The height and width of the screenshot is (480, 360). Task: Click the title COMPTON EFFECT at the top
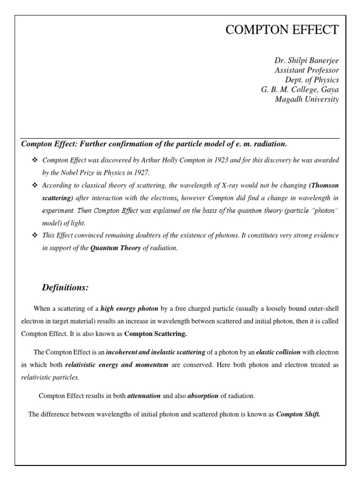(282, 30)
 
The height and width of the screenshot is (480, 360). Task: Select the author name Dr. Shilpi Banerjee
(307, 61)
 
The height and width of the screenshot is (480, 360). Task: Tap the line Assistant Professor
(307, 70)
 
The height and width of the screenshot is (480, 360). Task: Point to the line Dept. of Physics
(312, 80)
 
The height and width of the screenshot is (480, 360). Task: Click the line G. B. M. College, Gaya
(300, 90)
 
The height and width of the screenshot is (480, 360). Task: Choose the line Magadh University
(307, 99)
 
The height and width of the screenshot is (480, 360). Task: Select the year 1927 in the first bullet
(140, 172)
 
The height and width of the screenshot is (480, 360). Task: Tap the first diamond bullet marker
(34, 160)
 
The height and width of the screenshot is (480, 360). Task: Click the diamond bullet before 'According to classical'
(34, 185)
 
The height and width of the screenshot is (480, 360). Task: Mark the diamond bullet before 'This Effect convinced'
(34, 235)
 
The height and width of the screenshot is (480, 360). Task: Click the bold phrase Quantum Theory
(115, 248)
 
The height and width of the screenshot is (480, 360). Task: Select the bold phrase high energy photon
(129, 308)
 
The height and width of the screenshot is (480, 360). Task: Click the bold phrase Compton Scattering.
(156, 334)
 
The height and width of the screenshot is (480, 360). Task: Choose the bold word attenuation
(144, 396)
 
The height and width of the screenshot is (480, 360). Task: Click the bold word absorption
(203, 396)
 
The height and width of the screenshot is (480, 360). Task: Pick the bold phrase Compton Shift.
(298, 414)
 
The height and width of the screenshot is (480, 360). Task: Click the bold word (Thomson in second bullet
(324, 185)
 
